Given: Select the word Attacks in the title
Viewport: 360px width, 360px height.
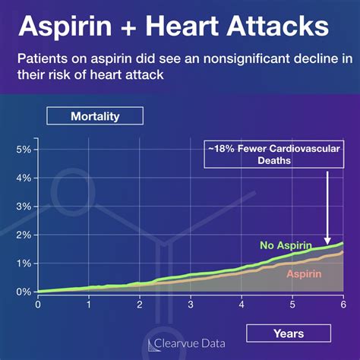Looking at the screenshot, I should pos(280,28).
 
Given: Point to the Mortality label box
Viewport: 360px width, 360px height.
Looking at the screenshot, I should pos(94,116).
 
